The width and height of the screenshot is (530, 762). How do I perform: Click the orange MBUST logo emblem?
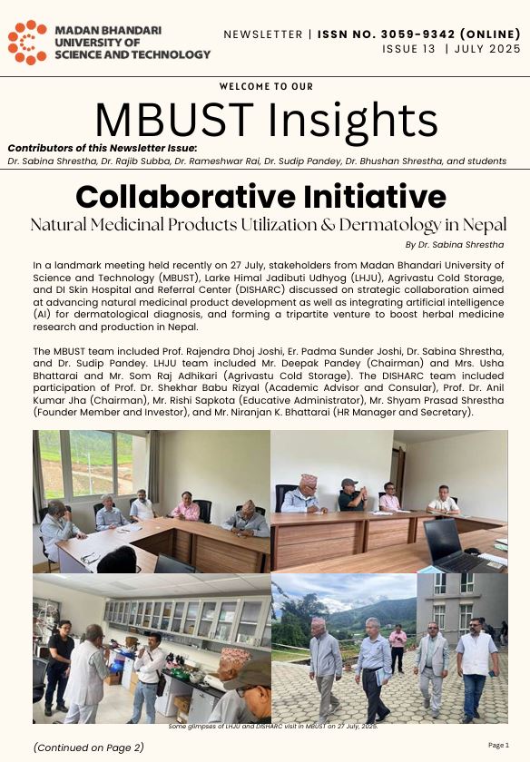point(27,43)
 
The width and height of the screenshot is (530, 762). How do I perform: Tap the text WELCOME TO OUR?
point(266,87)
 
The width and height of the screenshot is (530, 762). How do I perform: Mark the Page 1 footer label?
point(498,745)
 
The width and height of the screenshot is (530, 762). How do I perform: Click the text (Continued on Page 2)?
point(88,747)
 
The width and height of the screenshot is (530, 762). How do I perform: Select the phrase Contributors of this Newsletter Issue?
point(102,148)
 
